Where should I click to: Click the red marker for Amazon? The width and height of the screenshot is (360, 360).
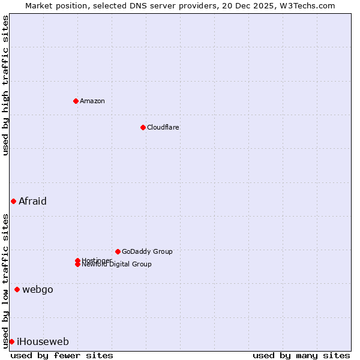click(x=76, y=101)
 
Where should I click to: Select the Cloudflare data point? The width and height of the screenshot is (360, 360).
click(x=143, y=127)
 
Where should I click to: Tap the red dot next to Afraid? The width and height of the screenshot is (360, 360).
click(x=13, y=201)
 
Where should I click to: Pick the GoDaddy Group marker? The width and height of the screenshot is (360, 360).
click(x=118, y=251)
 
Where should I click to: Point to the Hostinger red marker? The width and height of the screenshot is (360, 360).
click(x=77, y=260)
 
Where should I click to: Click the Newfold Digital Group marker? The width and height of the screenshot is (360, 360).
click(x=78, y=265)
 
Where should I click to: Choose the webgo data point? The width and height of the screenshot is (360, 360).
click(x=17, y=289)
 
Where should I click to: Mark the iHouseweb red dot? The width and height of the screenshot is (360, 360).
click(x=11, y=341)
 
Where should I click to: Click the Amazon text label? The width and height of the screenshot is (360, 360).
click(x=92, y=101)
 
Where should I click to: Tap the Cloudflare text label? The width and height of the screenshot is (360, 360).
click(x=163, y=127)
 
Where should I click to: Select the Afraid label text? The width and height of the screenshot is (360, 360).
click(x=32, y=201)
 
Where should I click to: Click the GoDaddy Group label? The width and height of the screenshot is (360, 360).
click(x=147, y=251)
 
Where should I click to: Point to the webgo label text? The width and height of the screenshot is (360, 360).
click(x=38, y=289)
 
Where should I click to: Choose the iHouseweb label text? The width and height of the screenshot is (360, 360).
click(x=43, y=341)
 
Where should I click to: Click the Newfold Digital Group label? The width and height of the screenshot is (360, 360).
click(x=117, y=265)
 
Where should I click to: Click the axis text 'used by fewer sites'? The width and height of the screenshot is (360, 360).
click(x=62, y=355)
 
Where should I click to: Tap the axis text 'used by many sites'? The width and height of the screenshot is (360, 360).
click(x=301, y=355)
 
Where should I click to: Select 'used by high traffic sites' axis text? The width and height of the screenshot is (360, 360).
click(x=5, y=86)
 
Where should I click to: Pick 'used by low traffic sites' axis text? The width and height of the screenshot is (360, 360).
click(x=5, y=280)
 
